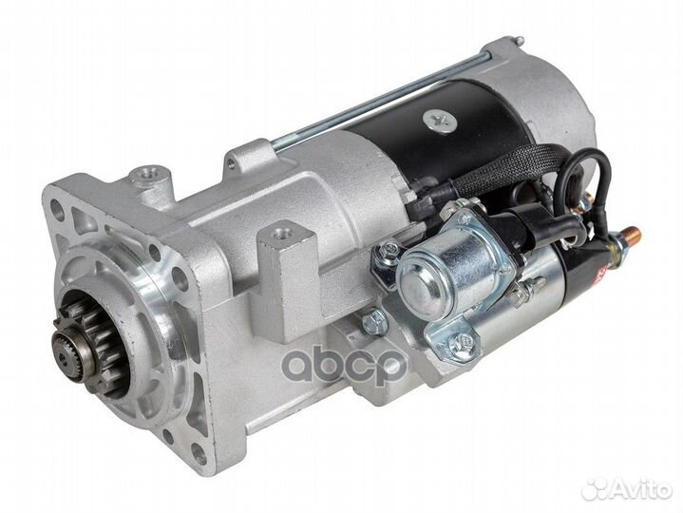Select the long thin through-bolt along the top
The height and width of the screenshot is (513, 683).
(380, 99)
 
